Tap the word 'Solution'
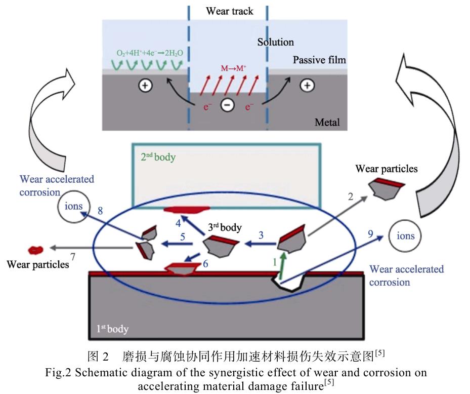click(x=275, y=42)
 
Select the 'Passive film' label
click(x=319, y=60)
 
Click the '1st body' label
click(x=112, y=330)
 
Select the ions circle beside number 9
click(x=405, y=235)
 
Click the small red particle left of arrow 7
click(x=36, y=250)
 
